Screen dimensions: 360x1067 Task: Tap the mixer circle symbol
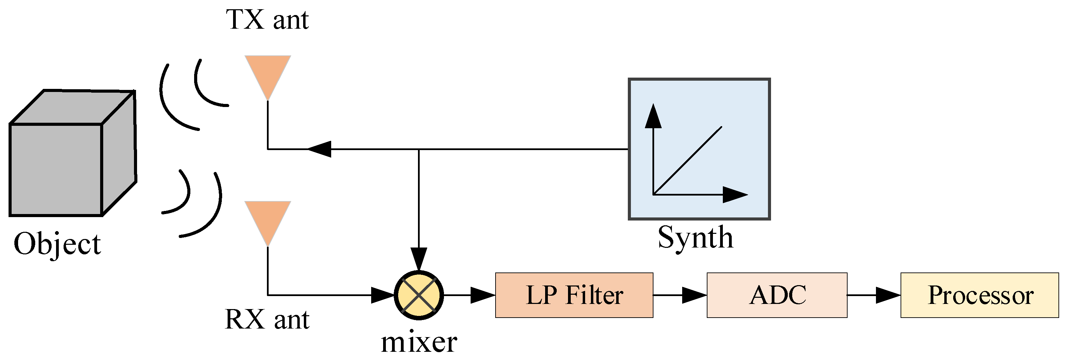419,295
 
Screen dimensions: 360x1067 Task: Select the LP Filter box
574,295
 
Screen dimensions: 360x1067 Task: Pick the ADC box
776,295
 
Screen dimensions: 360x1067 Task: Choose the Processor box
979,295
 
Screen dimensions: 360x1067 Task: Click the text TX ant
267,20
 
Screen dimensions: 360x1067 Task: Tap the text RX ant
267,319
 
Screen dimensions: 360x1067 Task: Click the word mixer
419,343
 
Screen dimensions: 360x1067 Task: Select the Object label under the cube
57,244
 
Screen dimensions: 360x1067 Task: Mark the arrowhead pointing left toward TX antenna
320,149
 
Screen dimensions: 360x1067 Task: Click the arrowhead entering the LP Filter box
483,295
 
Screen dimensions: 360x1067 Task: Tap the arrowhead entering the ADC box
694,295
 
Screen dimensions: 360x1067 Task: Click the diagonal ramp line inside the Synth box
688,160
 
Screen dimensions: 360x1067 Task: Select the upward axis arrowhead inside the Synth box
653,116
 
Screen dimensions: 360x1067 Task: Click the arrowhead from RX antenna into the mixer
382,295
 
